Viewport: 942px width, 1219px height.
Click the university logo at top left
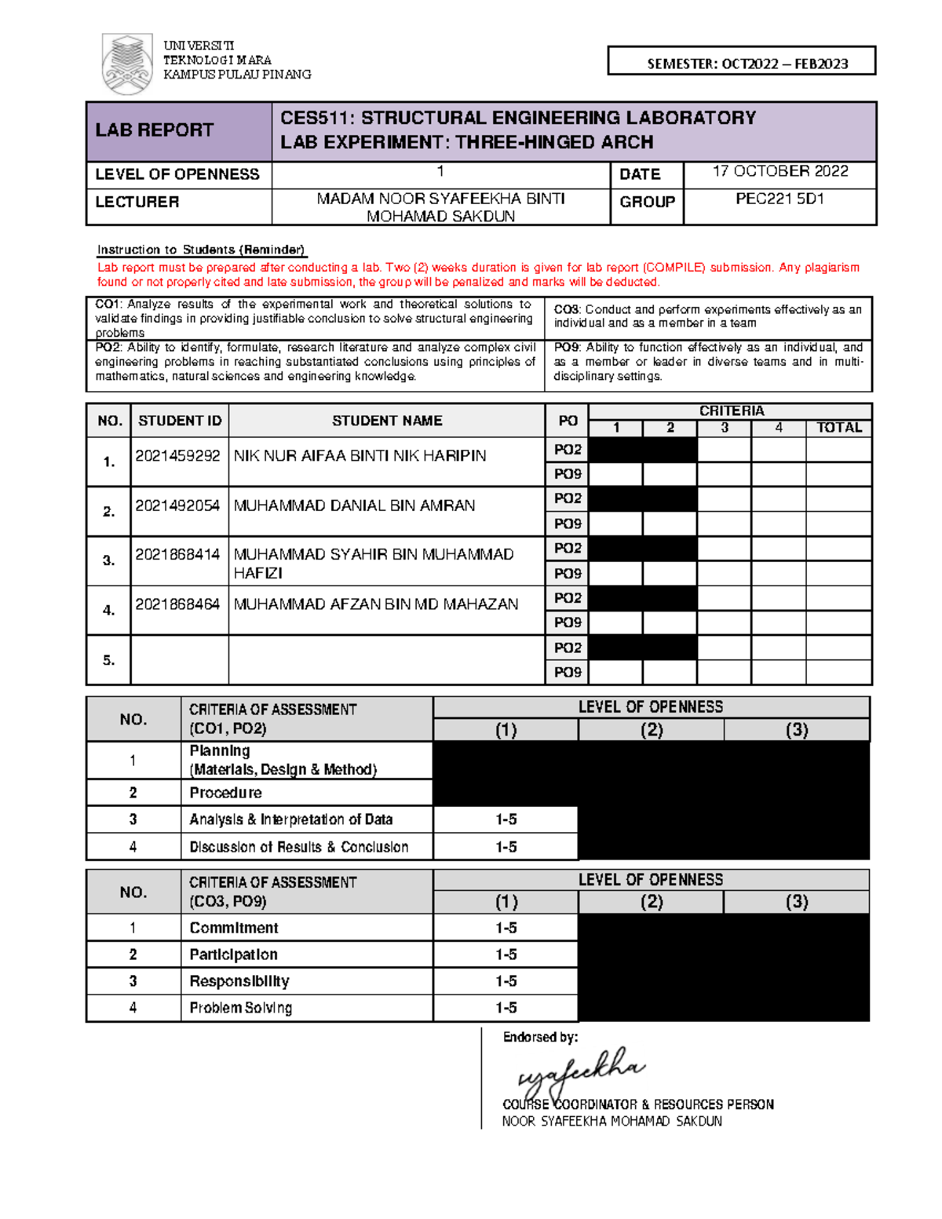(x=127, y=64)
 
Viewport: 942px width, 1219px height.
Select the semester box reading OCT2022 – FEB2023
(x=741, y=62)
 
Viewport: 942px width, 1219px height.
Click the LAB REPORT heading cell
(x=155, y=130)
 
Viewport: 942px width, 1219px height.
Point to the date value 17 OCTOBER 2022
(x=780, y=171)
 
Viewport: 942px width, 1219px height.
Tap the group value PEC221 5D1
(x=780, y=199)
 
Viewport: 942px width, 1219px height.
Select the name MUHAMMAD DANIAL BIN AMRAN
(x=354, y=505)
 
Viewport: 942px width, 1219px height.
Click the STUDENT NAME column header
(x=386, y=421)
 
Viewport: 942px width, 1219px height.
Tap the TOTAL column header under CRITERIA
(x=838, y=428)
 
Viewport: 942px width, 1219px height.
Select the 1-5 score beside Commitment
(x=506, y=928)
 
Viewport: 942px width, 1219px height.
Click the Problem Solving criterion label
(x=240, y=1008)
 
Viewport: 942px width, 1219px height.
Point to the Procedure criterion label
(x=225, y=793)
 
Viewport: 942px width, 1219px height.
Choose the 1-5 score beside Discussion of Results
(x=506, y=847)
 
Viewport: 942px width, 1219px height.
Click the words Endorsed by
(x=540, y=1037)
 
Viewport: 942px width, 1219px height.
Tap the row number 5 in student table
(x=109, y=660)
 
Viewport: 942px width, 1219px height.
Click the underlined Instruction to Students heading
(x=201, y=250)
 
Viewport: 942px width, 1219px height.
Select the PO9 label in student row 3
(x=568, y=573)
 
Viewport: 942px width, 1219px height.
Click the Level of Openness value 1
(x=440, y=172)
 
